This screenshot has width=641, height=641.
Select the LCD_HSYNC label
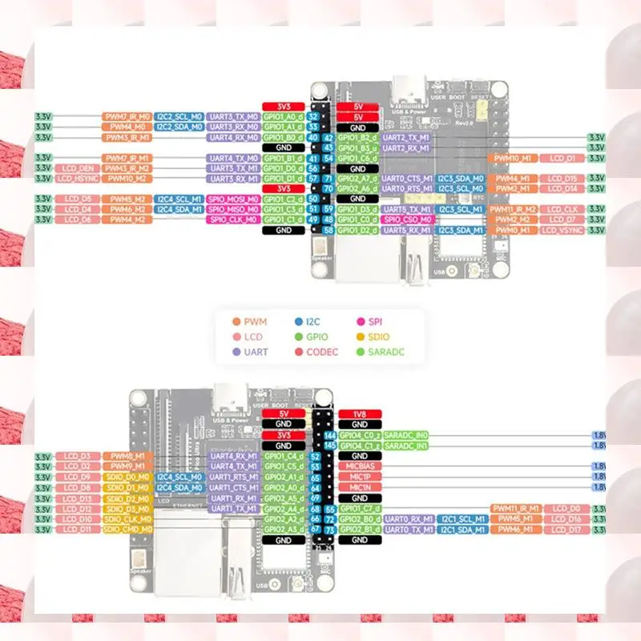[x=77, y=179]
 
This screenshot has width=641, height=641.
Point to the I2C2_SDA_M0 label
[x=179, y=127]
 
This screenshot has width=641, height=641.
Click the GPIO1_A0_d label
[x=283, y=116]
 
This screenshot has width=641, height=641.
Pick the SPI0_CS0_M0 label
[x=407, y=220]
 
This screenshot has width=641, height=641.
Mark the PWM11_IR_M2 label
[x=513, y=209]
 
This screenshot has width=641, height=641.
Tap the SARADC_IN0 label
[x=405, y=435]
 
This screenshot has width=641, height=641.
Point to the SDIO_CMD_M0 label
[x=127, y=529]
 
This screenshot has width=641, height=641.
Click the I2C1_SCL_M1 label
[x=462, y=518]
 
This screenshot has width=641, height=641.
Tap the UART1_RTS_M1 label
[x=232, y=477]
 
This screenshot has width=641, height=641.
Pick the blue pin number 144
[x=329, y=435]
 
